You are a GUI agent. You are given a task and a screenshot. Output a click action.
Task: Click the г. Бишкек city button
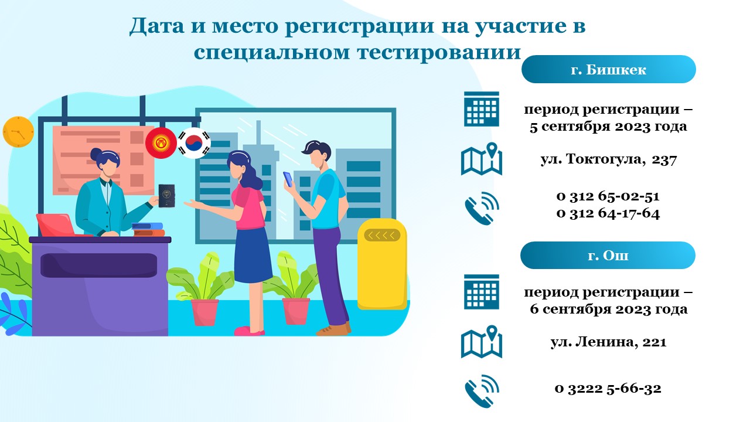(x=608, y=69)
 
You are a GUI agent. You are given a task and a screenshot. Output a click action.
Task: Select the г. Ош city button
(x=608, y=255)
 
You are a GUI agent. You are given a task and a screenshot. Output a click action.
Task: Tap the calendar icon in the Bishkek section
(x=482, y=109)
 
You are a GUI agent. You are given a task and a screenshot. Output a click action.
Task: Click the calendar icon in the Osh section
(x=482, y=292)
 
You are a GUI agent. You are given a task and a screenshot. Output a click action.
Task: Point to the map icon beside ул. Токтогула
(x=482, y=159)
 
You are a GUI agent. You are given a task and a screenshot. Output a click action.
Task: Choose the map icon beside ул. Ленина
(x=482, y=342)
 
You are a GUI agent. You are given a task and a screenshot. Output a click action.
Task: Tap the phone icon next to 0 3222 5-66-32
(x=482, y=391)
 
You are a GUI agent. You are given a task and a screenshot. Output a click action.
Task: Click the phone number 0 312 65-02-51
(x=608, y=196)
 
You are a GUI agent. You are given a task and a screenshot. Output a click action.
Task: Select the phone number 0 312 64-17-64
(x=608, y=213)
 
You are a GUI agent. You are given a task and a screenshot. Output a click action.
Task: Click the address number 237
(x=664, y=159)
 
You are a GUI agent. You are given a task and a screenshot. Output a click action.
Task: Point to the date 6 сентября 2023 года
(x=608, y=309)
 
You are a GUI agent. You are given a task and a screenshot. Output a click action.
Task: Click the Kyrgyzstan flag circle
(x=161, y=143)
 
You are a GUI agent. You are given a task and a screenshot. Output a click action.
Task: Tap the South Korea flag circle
(x=194, y=143)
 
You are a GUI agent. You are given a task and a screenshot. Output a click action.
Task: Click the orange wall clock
(x=18, y=132)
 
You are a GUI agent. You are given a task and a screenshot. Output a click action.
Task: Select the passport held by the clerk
(x=166, y=196)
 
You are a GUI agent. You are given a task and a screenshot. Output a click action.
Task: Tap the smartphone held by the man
(x=288, y=179)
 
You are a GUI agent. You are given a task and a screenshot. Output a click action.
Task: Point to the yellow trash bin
(x=382, y=264)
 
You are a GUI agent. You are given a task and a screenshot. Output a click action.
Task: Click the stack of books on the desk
(x=148, y=230)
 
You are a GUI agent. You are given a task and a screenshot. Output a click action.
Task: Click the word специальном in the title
(x=272, y=52)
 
